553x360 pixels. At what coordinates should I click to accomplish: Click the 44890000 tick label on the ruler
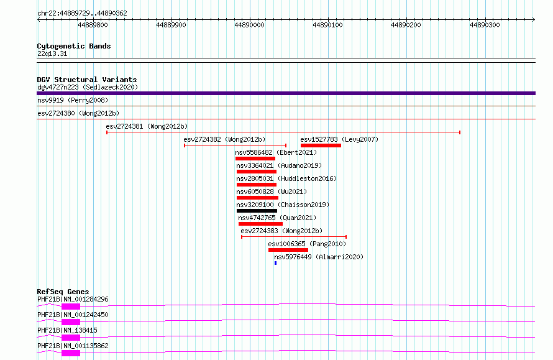pyautogui.click(x=249, y=25)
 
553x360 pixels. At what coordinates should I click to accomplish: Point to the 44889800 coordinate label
pyautogui.click(x=93, y=25)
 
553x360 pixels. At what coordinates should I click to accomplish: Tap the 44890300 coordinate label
pyautogui.click(x=485, y=25)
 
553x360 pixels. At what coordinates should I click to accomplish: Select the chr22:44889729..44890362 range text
pyautogui.click(x=82, y=14)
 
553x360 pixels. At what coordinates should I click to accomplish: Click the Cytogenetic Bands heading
pyautogui.click(x=74, y=46)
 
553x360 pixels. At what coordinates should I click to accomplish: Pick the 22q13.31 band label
pyautogui.click(x=52, y=53)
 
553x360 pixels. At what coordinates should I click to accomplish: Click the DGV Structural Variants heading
pyautogui.click(x=87, y=80)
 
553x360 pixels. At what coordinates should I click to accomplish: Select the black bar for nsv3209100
pyautogui.click(x=257, y=211)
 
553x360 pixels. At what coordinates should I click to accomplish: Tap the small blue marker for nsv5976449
pyautogui.click(x=275, y=263)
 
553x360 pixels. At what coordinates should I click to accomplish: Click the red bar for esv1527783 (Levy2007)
pyautogui.click(x=321, y=145)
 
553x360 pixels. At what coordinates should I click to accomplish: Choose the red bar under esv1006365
pyautogui.click(x=288, y=250)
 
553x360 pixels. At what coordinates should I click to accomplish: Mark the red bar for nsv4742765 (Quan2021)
pyautogui.click(x=260, y=224)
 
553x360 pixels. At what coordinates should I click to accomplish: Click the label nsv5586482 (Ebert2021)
pyautogui.click(x=276, y=152)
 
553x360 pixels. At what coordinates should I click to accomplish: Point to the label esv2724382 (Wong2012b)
pyautogui.click(x=225, y=139)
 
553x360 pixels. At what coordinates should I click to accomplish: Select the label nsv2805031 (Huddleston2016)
pyautogui.click(x=286, y=178)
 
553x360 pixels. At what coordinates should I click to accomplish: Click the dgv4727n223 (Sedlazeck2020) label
pyautogui.click(x=88, y=87)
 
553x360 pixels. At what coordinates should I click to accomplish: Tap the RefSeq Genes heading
pyautogui.click(x=63, y=292)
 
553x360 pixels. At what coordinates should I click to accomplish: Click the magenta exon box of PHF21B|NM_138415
pyautogui.click(x=71, y=338)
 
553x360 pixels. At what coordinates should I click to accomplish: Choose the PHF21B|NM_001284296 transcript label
pyautogui.click(x=73, y=299)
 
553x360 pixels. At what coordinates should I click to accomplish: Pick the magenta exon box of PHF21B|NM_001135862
pyautogui.click(x=71, y=353)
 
